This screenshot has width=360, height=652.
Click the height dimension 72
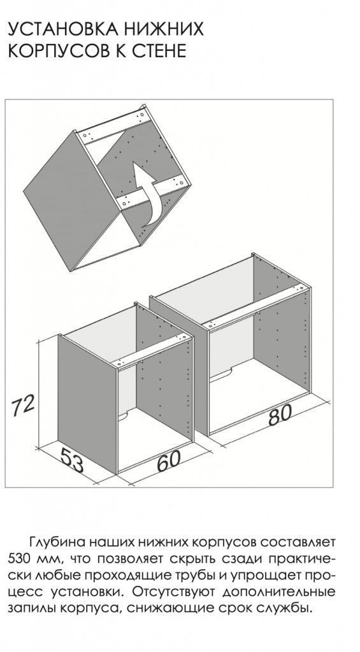[22, 407]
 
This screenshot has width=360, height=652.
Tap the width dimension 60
[169, 460]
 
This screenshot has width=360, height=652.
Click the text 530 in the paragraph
[18, 558]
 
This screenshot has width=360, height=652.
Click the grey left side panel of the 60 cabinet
[87, 403]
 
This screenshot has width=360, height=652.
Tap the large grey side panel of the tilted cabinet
[71, 195]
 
